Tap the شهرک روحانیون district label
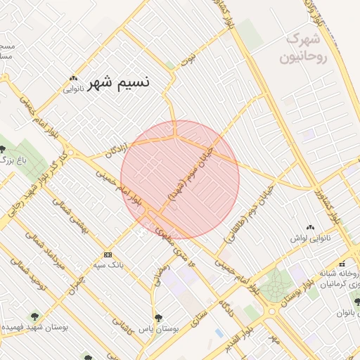(304, 47)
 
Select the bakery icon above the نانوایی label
(74, 78)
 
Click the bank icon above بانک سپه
(108, 254)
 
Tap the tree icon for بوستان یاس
(158, 318)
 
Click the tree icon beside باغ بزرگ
(4, 149)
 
